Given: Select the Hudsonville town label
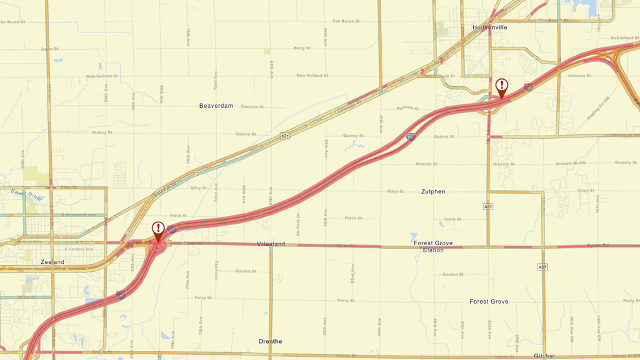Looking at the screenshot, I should click(x=490, y=27).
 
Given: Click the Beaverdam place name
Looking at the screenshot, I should click(x=216, y=106).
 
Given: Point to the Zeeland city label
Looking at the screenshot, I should click(x=53, y=262).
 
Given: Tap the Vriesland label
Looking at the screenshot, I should click(x=271, y=244).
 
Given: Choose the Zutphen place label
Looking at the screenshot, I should click(x=433, y=192).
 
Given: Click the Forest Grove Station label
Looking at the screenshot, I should click(x=433, y=246).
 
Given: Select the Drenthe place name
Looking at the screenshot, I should click(x=270, y=341).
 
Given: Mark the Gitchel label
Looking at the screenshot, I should click(x=544, y=355).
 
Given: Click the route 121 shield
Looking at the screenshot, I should click(x=285, y=136).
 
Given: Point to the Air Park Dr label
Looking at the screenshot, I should click(x=299, y=224).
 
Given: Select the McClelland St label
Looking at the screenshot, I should click(x=624, y=38).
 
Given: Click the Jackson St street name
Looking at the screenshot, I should click(x=580, y=76).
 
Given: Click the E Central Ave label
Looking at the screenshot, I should click(x=79, y=249).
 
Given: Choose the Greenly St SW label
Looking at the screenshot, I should click(x=571, y=163).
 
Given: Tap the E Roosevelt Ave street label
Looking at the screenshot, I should click(x=79, y=215).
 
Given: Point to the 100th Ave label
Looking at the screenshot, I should click(x=23, y=161).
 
